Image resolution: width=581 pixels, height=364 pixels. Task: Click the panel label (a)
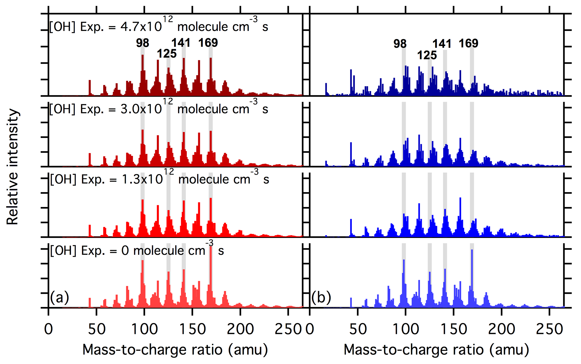[59, 297]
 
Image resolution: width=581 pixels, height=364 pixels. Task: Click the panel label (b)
[321, 297]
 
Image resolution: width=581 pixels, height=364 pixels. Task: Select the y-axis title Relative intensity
[13, 167]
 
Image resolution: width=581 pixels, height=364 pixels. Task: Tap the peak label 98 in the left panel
[143, 43]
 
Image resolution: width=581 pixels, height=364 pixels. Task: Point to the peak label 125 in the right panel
[427, 55]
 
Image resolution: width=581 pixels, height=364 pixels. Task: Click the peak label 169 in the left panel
[208, 43]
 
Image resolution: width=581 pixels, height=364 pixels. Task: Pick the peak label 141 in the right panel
[442, 44]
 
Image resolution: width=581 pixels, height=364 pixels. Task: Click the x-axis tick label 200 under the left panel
[240, 329]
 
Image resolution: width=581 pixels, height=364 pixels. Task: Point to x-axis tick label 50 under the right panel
[358, 329]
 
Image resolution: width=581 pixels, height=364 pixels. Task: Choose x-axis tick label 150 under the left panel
[193, 329]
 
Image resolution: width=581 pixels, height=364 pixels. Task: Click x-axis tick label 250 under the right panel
[550, 329]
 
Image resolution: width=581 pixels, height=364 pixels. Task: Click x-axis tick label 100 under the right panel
[406, 329]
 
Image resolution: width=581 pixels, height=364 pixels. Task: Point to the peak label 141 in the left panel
[181, 43]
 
